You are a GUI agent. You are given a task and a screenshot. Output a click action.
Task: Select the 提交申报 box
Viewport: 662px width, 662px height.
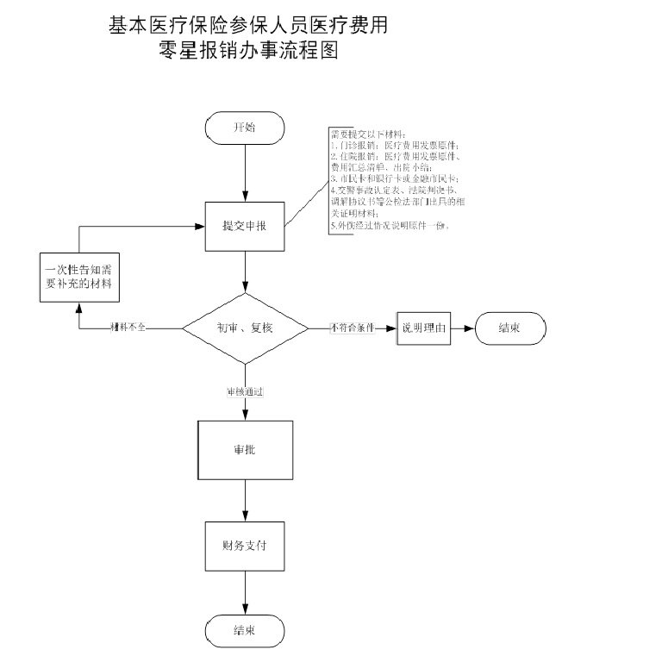pyautogui.click(x=245, y=227)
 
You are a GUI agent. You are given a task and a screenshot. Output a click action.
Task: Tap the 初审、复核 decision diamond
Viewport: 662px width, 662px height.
pyautogui.click(x=246, y=328)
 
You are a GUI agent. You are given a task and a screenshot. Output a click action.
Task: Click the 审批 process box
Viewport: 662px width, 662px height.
pyautogui.click(x=245, y=450)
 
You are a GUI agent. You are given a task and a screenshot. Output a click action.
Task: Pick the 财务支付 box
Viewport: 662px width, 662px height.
pyautogui.click(x=245, y=546)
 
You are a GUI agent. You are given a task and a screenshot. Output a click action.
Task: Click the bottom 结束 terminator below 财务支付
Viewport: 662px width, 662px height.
pyautogui.click(x=245, y=630)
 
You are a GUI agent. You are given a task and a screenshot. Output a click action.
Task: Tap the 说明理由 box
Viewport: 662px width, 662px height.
pyautogui.click(x=424, y=328)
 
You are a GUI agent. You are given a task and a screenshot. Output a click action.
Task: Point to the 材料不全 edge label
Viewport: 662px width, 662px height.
pyautogui.click(x=128, y=328)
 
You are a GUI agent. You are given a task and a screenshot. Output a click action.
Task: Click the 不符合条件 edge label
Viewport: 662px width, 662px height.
pyautogui.click(x=352, y=328)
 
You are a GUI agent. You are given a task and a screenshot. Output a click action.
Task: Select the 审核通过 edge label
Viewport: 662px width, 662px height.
pyautogui.click(x=245, y=391)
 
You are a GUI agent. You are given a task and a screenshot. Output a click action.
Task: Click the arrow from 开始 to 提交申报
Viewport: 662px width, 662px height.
pyautogui.click(x=246, y=172)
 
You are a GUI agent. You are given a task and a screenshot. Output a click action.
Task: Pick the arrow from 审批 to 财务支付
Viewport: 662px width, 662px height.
pyautogui.click(x=246, y=500)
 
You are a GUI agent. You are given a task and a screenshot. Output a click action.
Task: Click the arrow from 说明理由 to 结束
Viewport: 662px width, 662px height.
pyautogui.click(x=463, y=328)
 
